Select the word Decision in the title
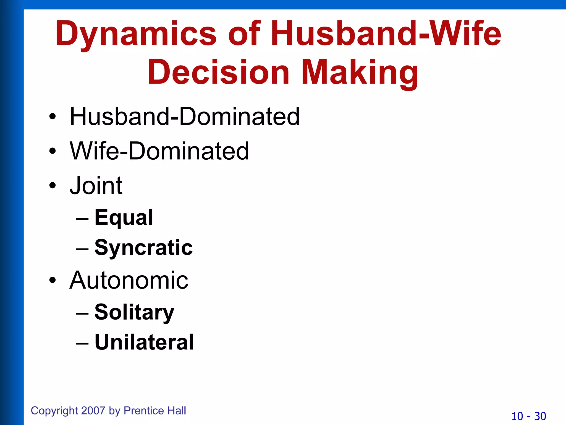click(x=218, y=72)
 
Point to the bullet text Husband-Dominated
click(x=185, y=116)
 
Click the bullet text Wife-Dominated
click(x=159, y=151)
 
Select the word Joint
click(x=96, y=186)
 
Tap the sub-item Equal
click(x=124, y=218)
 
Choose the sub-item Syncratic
click(x=143, y=248)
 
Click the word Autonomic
click(x=129, y=280)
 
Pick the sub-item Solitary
click(x=134, y=312)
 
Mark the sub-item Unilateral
click(x=144, y=342)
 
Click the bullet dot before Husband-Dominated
click(x=53, y=117)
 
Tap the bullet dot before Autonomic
click(x=53, y=281)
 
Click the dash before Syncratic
click(x=82, y=248)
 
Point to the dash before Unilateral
click(x=82, y=343)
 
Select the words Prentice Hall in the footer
click(x=155, y=411)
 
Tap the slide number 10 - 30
click(x=528, y=416)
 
